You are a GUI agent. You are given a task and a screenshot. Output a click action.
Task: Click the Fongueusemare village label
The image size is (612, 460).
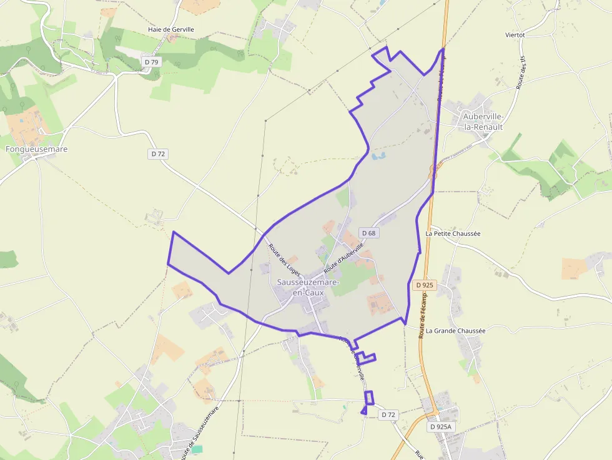pos(36,149)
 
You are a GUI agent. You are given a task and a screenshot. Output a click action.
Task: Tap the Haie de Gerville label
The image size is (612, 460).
pos(171,29)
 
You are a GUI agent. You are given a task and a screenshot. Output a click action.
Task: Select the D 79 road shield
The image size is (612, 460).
pos(152,62)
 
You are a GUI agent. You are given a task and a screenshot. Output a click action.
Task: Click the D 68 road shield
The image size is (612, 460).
pos(368,233)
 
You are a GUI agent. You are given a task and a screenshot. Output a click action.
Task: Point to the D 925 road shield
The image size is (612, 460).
pos(424,285)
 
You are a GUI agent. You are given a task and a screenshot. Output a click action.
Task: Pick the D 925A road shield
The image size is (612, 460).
pos(440,427)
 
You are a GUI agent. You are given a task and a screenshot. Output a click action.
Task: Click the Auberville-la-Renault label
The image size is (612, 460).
pos(483,122)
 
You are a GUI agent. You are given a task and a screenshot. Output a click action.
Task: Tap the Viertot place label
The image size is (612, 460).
pos(515,35)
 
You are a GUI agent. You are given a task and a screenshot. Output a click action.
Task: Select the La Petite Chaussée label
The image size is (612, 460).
pos(453,233)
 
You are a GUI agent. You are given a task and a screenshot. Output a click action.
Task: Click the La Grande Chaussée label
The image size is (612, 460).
pos(456,331)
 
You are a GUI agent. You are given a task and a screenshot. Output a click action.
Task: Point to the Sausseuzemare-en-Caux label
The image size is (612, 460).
pos(308,288)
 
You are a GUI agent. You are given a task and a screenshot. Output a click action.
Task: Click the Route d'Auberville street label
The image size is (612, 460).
pos(343,257)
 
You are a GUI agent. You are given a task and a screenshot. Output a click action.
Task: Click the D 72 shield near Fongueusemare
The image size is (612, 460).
pos(157,154)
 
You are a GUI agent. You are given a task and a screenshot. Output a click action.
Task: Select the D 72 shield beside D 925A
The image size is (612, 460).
pos(388,414)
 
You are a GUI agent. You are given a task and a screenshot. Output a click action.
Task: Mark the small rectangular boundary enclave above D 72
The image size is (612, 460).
pos(369,398)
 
